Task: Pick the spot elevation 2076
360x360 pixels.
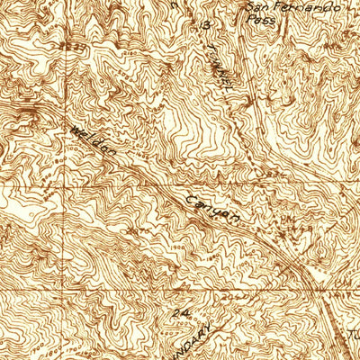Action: click(x=137, y=232)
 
